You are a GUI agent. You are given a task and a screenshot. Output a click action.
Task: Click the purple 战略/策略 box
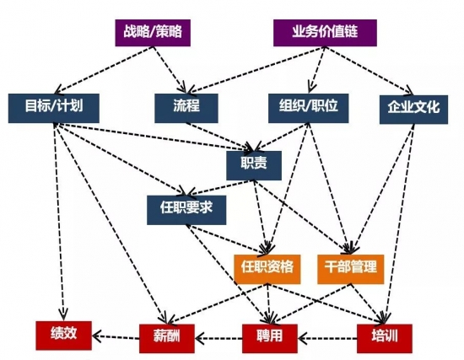pos(153,33)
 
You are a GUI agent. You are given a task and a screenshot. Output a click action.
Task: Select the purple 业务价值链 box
pos(325,33)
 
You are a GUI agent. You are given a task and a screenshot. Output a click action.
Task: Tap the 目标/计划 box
pos(53,108)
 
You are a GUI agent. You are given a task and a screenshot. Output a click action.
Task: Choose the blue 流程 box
pos(186,108)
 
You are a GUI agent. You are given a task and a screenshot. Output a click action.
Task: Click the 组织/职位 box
pos(308,108)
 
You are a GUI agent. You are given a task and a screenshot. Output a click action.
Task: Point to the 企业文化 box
pos(413,110)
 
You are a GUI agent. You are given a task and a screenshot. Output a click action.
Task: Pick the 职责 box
pos(254,165)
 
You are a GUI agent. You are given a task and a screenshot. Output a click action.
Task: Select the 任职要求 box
pos(186,210)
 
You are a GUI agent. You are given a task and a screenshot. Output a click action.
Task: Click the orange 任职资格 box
pos(267,269)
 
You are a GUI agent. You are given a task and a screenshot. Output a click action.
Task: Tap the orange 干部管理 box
pos(351,269)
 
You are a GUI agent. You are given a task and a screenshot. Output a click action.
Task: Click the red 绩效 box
pos(63,336)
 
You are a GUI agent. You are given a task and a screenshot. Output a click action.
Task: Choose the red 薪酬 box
pos(167,338)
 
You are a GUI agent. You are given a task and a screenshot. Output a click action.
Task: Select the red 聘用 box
pos(270,338)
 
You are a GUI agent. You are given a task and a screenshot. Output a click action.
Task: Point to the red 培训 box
pos(385,338)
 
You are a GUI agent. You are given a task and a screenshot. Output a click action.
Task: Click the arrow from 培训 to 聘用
pos(327,338)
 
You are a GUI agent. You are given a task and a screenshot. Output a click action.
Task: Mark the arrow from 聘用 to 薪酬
pos(219,337)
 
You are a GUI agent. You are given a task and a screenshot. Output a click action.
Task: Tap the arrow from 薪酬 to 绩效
pos(116,336)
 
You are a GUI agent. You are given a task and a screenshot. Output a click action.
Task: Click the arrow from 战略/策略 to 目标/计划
pos(104,70)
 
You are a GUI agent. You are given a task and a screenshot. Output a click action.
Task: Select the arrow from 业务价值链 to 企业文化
pos(369,71)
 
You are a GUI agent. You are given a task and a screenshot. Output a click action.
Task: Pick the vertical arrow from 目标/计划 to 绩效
pos(59,221)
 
